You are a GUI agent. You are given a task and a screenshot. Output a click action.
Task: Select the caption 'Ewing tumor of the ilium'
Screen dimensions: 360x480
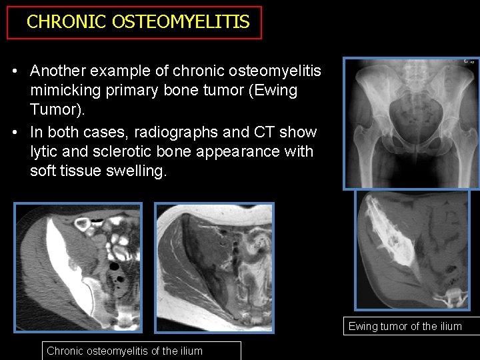pos(405,327)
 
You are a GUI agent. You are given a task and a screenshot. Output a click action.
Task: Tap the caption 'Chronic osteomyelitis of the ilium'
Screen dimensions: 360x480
pos(125,351)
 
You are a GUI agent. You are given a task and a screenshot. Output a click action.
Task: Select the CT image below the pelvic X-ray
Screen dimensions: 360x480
pos(412,249)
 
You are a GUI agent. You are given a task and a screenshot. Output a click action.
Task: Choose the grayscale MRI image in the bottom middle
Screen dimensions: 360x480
pos(214,267)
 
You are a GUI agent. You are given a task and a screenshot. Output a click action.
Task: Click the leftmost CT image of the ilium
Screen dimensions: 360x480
pos(78,267)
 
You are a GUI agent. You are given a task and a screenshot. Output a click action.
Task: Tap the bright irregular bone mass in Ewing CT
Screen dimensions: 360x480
pos(397,237)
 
